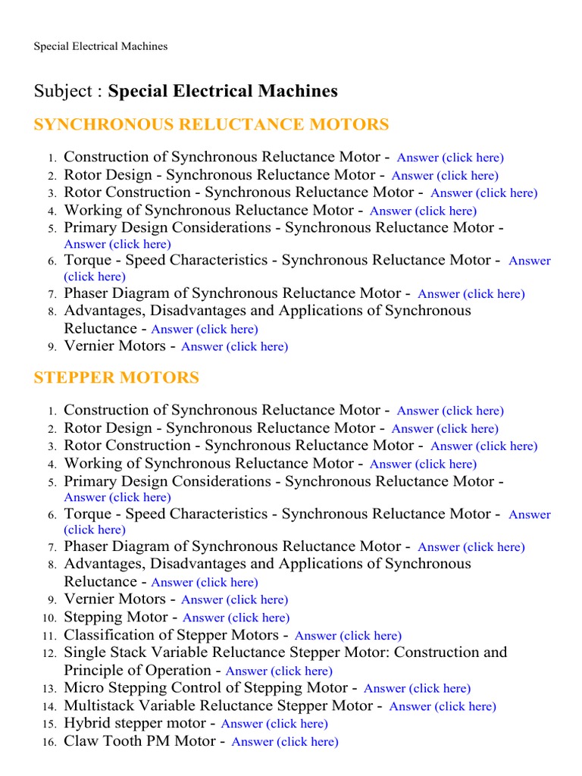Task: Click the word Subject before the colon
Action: pos(57,92)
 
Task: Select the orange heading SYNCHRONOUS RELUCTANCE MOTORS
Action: pos(211,125)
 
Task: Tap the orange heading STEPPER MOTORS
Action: pos(117,378)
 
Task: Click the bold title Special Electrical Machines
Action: pos(223,92)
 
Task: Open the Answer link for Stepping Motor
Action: pos(236,618)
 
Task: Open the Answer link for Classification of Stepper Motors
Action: pos(348,636)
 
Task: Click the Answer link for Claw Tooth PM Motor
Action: pos(284,742)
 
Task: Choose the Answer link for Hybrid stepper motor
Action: pos(274,724)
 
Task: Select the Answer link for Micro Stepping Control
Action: pos(417,689)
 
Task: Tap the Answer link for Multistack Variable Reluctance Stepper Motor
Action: pos(443,706)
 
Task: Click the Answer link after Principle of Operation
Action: pos(279,671)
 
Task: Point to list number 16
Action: pos(50,743)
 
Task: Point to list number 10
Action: pos(50,618)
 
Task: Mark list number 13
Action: pos(50,690)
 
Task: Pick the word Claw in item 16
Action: pos(82,741)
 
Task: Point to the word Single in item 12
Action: pos(85,652)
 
